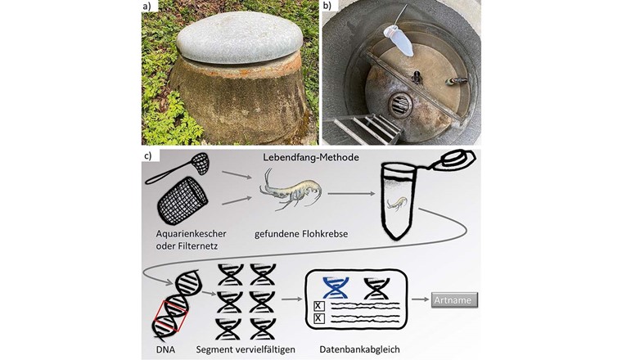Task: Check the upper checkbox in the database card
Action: click(x=319, y=305)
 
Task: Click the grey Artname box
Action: click(x=453, y=299)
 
